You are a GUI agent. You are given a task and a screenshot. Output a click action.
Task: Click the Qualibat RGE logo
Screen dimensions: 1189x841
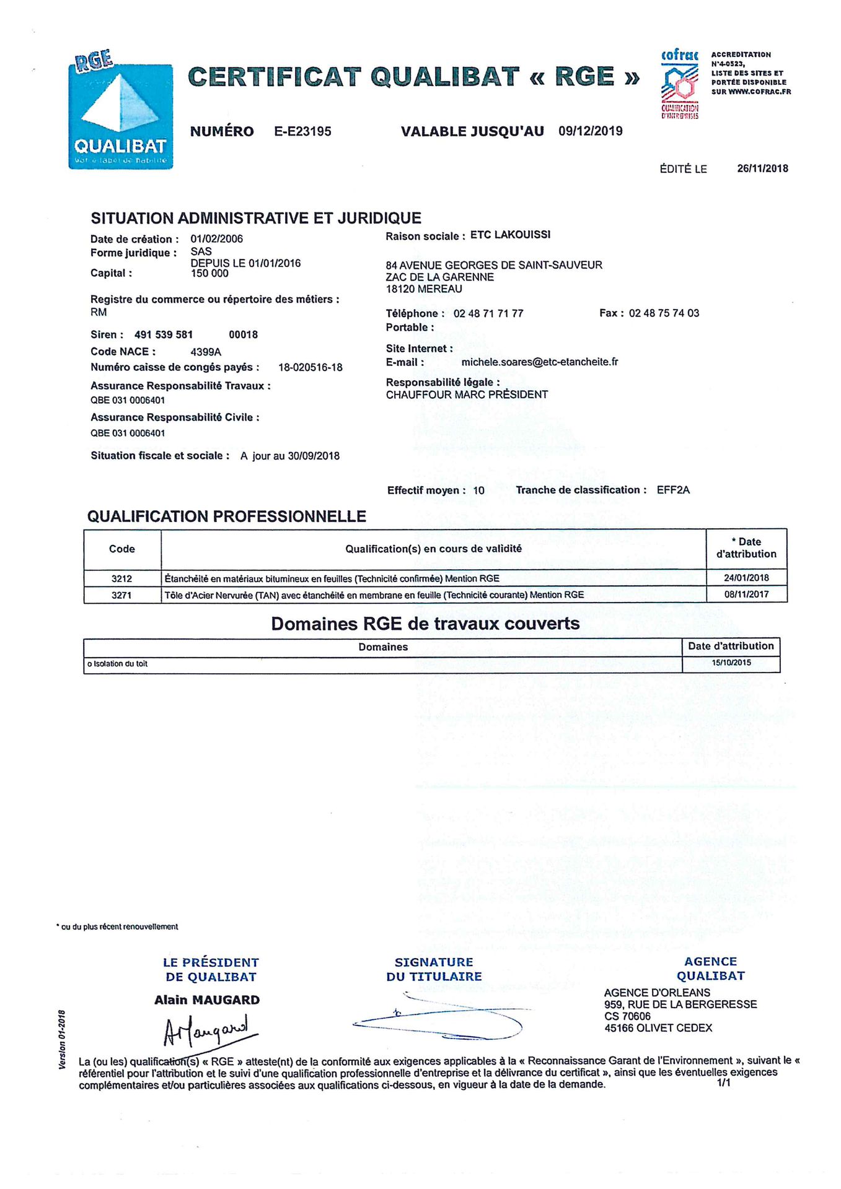[x=120, y=111]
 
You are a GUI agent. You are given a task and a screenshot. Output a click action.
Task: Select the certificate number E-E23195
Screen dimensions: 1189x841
[x=302, y=131]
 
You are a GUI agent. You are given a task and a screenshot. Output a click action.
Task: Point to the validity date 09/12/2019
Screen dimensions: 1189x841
[x=590, y=131]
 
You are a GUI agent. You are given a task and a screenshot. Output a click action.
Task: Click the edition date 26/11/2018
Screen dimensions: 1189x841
[x=762, y=168]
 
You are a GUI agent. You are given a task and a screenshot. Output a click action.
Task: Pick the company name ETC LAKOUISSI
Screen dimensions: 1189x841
[x=510, y=235]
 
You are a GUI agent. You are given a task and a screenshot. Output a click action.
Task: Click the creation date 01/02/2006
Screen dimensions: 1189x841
[x=216, y=239]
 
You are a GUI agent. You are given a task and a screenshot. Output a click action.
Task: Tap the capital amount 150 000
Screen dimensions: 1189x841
[x=209, y=273]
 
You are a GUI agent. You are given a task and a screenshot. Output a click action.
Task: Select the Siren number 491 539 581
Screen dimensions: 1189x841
[x=164, y=334]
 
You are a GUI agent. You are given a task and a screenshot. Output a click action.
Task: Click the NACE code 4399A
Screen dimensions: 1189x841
[x=206, y=352]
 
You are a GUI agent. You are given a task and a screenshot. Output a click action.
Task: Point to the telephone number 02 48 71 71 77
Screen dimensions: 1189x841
[x=488, y=313]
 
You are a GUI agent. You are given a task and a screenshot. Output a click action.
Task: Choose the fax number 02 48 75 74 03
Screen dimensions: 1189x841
[x=664, y=313]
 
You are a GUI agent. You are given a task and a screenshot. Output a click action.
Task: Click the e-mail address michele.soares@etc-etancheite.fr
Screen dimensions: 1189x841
[x=539, y=362]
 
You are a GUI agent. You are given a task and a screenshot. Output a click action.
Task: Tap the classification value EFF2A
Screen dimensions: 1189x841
[x=673, y=490]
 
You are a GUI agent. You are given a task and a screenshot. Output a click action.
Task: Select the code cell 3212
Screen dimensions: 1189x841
[x=121, y=578]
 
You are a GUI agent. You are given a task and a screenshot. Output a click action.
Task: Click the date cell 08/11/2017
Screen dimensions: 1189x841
[x=746, y=594]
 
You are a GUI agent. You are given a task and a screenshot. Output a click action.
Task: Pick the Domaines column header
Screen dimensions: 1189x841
[x=383, y=647]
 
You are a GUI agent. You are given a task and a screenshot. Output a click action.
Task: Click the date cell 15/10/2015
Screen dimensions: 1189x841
[x=731, y=663]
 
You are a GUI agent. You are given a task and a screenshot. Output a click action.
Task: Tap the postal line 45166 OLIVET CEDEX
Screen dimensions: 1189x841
[x=658, y=1028]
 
